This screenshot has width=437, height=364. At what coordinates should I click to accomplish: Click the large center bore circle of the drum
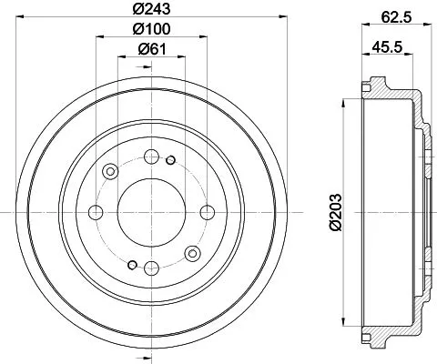click(x=151, y=211)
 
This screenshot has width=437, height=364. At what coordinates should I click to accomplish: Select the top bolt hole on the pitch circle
click(x=151, y=156)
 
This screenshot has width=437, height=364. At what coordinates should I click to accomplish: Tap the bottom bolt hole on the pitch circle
click(x=151, y=267)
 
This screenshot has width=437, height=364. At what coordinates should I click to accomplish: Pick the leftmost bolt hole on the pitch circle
click(x=96, y=211)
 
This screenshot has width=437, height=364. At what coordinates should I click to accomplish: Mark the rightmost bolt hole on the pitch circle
click(x=208, y=211)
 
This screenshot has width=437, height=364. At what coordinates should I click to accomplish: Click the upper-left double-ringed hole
click(x=112, y=171)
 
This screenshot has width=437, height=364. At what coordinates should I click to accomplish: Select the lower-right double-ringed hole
click(x=191, y=252)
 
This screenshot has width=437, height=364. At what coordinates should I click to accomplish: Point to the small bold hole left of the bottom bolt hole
click(x=133, y=265)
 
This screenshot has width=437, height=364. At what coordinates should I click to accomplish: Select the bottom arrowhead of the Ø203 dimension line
click(x=344, y=323)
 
